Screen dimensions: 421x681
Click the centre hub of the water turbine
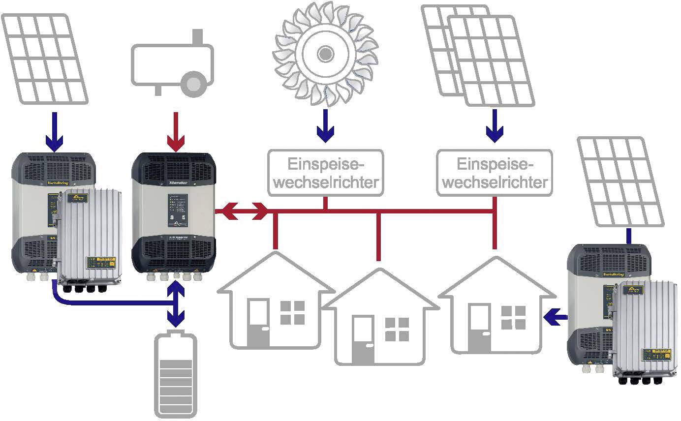(x=325, y=52)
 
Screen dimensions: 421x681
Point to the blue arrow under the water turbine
(x=325, y=125)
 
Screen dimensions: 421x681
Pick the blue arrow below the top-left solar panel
(x=54, y=131)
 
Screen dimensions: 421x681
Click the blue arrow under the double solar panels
(x=495, y=125)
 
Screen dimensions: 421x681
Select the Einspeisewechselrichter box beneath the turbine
(x=325, y=172)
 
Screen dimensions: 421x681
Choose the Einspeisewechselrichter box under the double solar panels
(x=495, y=172)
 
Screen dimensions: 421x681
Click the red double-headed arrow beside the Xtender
(x=244, y=211)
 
